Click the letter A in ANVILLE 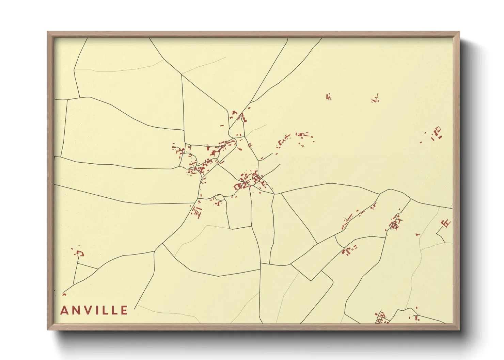64,310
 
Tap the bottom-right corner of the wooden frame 458,329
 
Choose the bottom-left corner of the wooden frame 48,329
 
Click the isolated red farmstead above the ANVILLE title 80,253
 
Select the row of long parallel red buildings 197,212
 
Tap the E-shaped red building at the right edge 446,223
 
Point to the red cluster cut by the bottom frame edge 381,318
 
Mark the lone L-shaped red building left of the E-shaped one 418,234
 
